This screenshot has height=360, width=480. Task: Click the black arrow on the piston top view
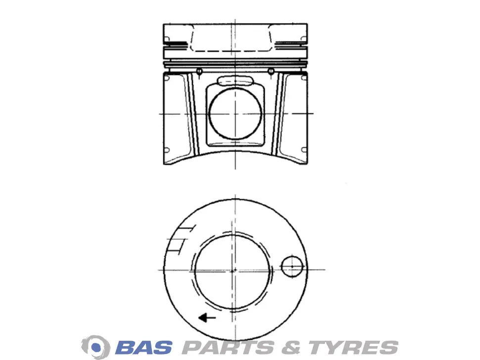click(x=207, y=318)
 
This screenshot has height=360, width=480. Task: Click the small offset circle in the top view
click(x=292, y=267)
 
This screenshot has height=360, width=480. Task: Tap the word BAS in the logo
click(x=144, y=348)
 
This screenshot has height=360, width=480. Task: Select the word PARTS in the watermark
click(x=228, y=348)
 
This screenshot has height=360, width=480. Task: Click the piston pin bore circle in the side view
click(x=235, y=113)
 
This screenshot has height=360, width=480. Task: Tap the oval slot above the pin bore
click(x=235, y=81)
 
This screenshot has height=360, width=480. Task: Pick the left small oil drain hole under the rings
click(x=199, y=72)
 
